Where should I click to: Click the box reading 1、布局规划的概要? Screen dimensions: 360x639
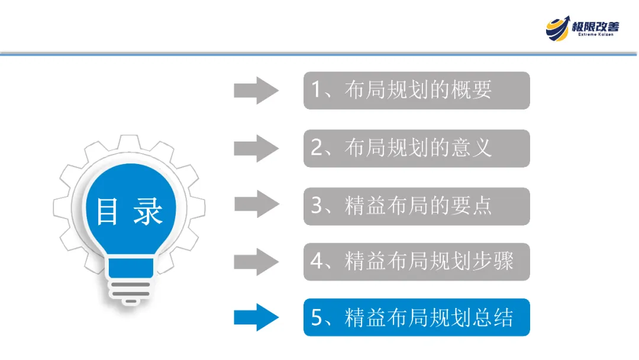[417, 91]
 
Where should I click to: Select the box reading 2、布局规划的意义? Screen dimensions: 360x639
[417, 148]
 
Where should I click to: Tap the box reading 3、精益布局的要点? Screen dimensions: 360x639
[417, 206]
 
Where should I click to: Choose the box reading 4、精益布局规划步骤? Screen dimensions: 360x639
[417, 261]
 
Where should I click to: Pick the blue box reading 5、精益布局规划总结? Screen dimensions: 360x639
[417, 317]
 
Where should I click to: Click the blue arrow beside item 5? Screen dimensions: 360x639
[256, 317]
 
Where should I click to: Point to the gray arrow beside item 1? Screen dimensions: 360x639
[256, 91]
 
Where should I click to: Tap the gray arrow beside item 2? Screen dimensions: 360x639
[256, 148]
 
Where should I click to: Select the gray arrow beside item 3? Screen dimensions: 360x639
[256, 205]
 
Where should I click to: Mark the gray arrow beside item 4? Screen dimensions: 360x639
[256, 261]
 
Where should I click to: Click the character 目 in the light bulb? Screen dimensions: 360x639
[107, 211]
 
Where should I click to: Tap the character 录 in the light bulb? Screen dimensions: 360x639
[147, 211]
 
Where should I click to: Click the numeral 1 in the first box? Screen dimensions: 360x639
[316, 91]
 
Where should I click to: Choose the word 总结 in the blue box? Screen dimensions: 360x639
[493, 317]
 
